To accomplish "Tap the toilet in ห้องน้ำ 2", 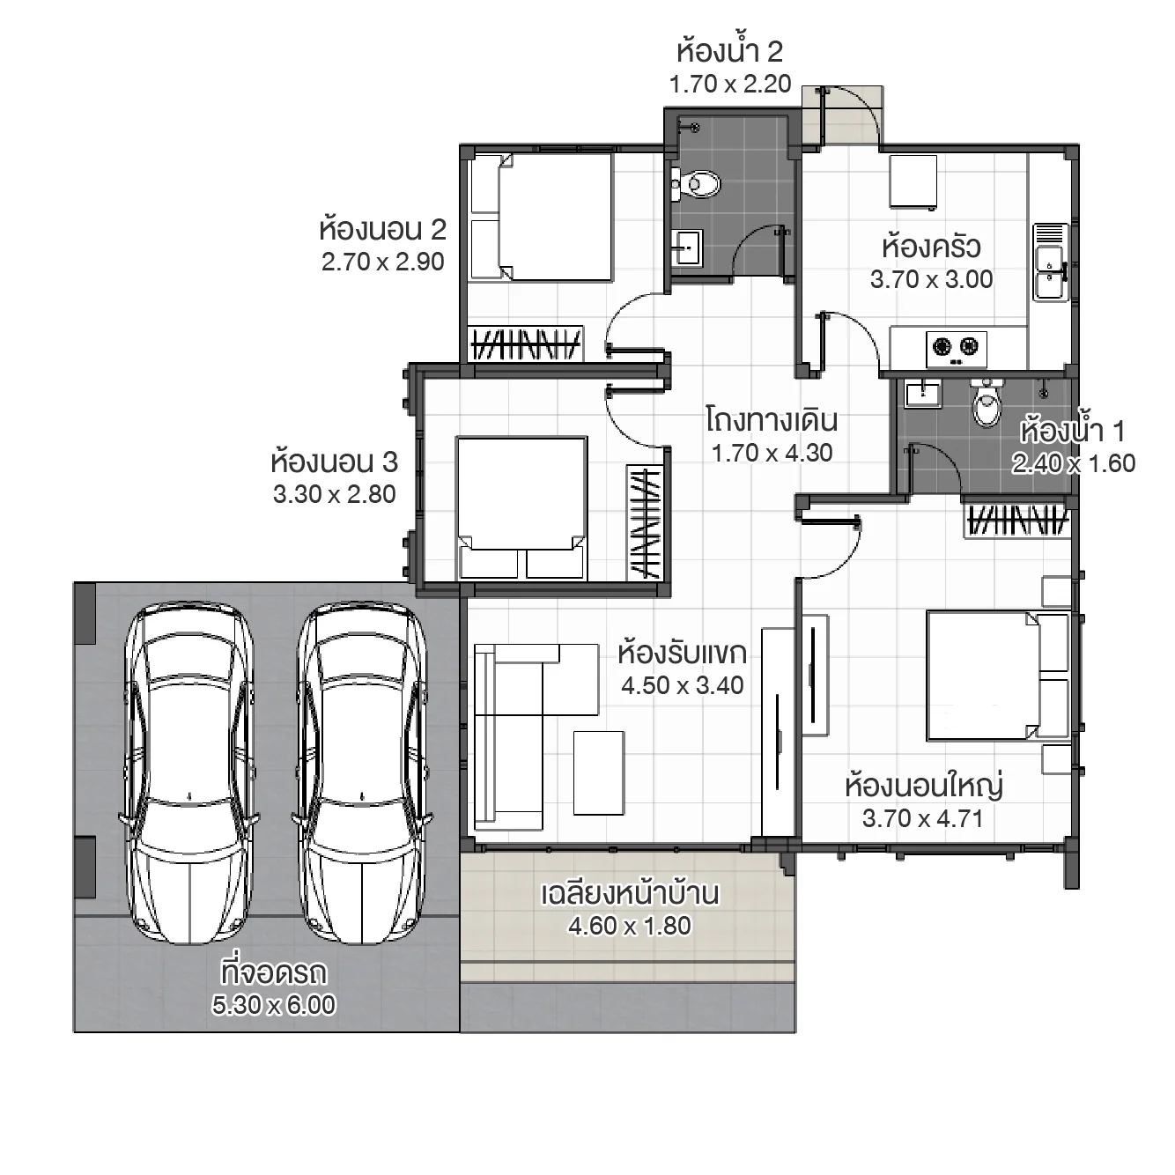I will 697,184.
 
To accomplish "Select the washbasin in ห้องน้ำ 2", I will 686,247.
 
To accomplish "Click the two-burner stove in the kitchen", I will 956,348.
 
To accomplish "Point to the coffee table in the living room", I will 599,772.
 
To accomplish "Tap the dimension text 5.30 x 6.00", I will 273,1005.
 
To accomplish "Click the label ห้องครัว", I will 931,247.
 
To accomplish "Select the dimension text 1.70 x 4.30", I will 772,453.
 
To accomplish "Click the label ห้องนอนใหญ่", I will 923,785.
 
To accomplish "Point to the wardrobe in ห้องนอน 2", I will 525,344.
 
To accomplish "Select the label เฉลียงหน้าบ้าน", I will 629,893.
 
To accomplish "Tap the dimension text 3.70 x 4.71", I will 922,818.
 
